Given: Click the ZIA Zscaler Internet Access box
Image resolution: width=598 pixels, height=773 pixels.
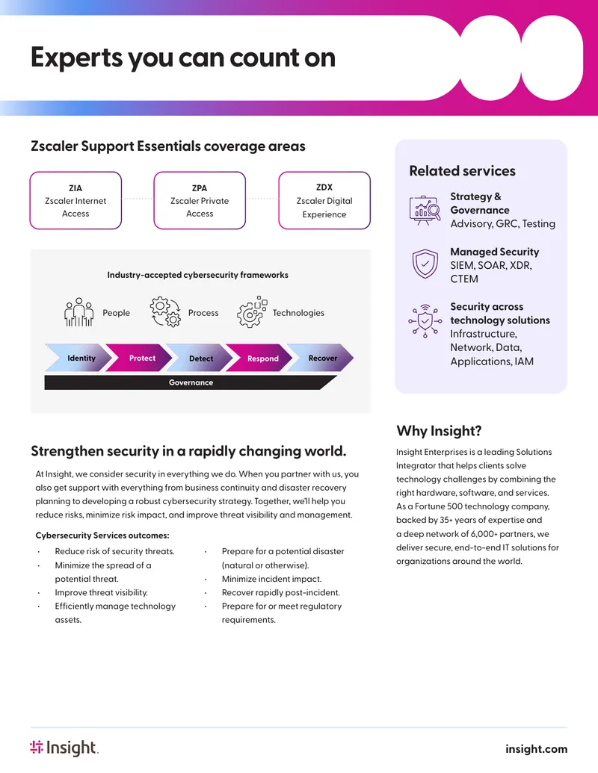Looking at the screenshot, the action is [x=75, y=201].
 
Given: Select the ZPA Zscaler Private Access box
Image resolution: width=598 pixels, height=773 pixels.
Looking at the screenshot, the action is [x=200, y=201].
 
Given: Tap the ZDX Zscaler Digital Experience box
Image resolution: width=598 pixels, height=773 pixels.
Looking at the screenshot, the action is [x=324, y=201].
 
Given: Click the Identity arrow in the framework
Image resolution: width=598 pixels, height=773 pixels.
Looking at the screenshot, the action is [x=79, y=358].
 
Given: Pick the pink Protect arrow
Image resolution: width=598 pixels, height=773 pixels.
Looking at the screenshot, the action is [x=139, y=358].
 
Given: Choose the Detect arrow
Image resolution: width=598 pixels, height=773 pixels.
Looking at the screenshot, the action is [x=200, y=358].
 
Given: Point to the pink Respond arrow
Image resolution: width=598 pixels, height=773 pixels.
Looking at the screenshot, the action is [x=260, y=358].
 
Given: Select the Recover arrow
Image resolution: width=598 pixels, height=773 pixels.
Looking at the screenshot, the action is [x=321, y=358].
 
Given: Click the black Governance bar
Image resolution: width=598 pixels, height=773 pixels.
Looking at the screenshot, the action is [x=191, y=382].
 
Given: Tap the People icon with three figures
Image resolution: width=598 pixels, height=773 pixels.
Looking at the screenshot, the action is [x=79, y=312].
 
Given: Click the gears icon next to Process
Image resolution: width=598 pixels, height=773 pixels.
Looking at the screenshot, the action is [x=165, y=312].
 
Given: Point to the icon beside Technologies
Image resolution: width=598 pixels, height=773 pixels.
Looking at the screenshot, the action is [x=252, y=312].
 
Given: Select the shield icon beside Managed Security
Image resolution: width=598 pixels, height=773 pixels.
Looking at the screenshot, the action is [x=425, y=264].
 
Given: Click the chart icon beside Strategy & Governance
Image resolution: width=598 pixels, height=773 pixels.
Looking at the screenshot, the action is [x=425, y=211].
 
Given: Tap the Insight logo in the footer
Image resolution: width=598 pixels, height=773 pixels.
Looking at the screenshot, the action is [x=64, y=748].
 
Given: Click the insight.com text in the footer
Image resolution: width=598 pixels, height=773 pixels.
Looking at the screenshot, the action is [x=536, y=749].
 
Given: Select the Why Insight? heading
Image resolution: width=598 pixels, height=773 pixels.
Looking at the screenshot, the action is [x=439, y=431].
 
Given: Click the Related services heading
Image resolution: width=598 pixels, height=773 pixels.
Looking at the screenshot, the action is [x=462, y=171].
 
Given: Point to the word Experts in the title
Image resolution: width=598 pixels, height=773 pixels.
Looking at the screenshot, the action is [x=76, y=58].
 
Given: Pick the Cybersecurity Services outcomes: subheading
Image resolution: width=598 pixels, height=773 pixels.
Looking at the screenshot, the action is [x=102, y=535].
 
